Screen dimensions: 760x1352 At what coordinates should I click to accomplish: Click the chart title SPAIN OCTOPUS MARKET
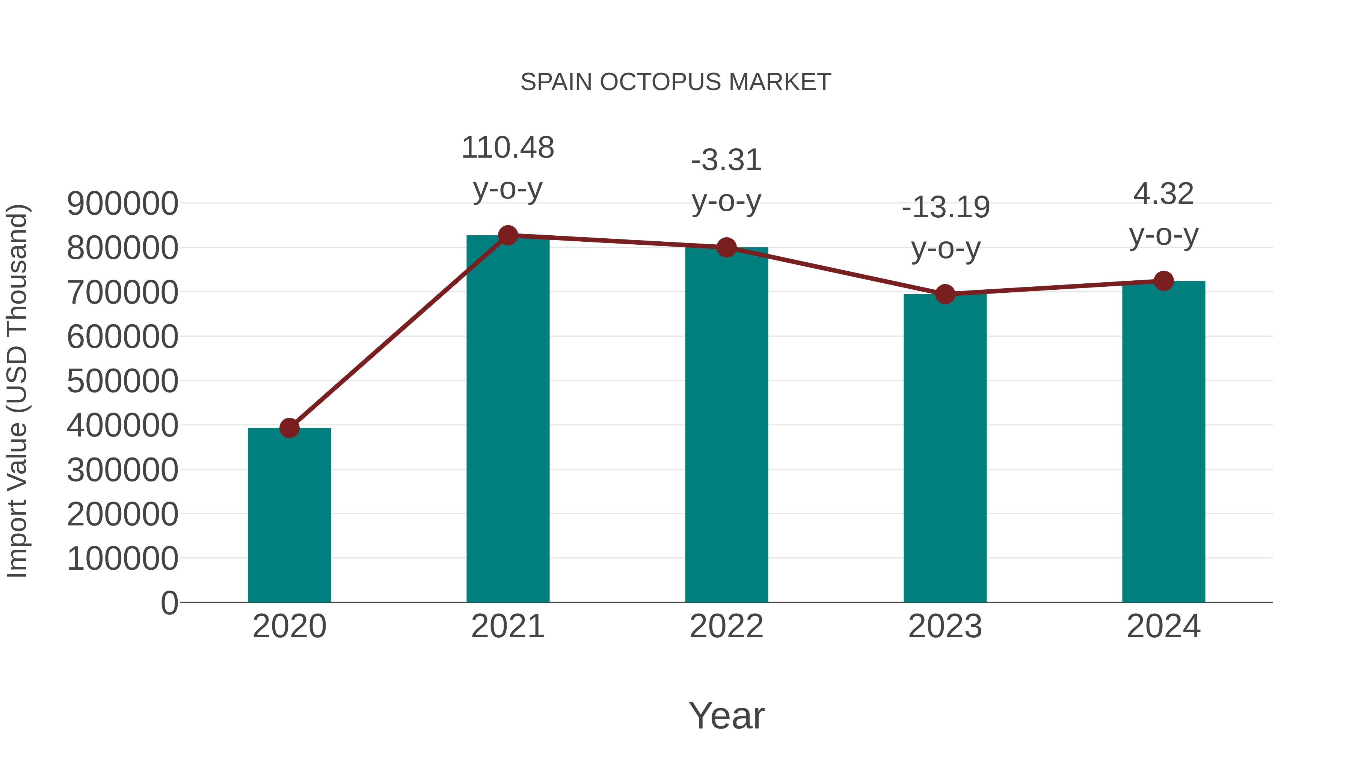pos(676,82)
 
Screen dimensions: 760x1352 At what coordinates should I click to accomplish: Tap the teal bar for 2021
pos(507,420)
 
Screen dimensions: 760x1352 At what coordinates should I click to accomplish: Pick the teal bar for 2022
pos(726,425)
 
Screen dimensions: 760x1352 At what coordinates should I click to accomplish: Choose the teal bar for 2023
pos(945,448)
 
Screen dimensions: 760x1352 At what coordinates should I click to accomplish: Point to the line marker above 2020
pos(289,428)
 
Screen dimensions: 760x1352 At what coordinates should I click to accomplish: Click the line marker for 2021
pos(507,235)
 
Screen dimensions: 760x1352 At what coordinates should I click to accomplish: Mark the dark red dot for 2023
pos(945,294)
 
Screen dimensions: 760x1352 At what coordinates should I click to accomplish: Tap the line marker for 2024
pos(1163,281)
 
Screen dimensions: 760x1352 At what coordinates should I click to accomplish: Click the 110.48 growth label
pos(507,148)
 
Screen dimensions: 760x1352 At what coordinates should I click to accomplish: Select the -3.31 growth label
pos(726,161)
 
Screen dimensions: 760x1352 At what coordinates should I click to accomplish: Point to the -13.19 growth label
pos(945,208)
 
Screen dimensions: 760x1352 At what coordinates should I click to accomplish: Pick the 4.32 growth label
pos(1163,194)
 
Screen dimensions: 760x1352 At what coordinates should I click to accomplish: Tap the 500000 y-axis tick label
pos(123,381)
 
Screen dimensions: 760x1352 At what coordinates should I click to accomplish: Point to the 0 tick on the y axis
pos(169,603)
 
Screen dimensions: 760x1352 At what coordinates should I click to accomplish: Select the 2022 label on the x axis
pos(726,626)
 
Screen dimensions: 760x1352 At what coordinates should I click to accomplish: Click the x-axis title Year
pos(726,715)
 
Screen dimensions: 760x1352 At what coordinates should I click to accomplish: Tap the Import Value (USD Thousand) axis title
pos(17,391)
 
